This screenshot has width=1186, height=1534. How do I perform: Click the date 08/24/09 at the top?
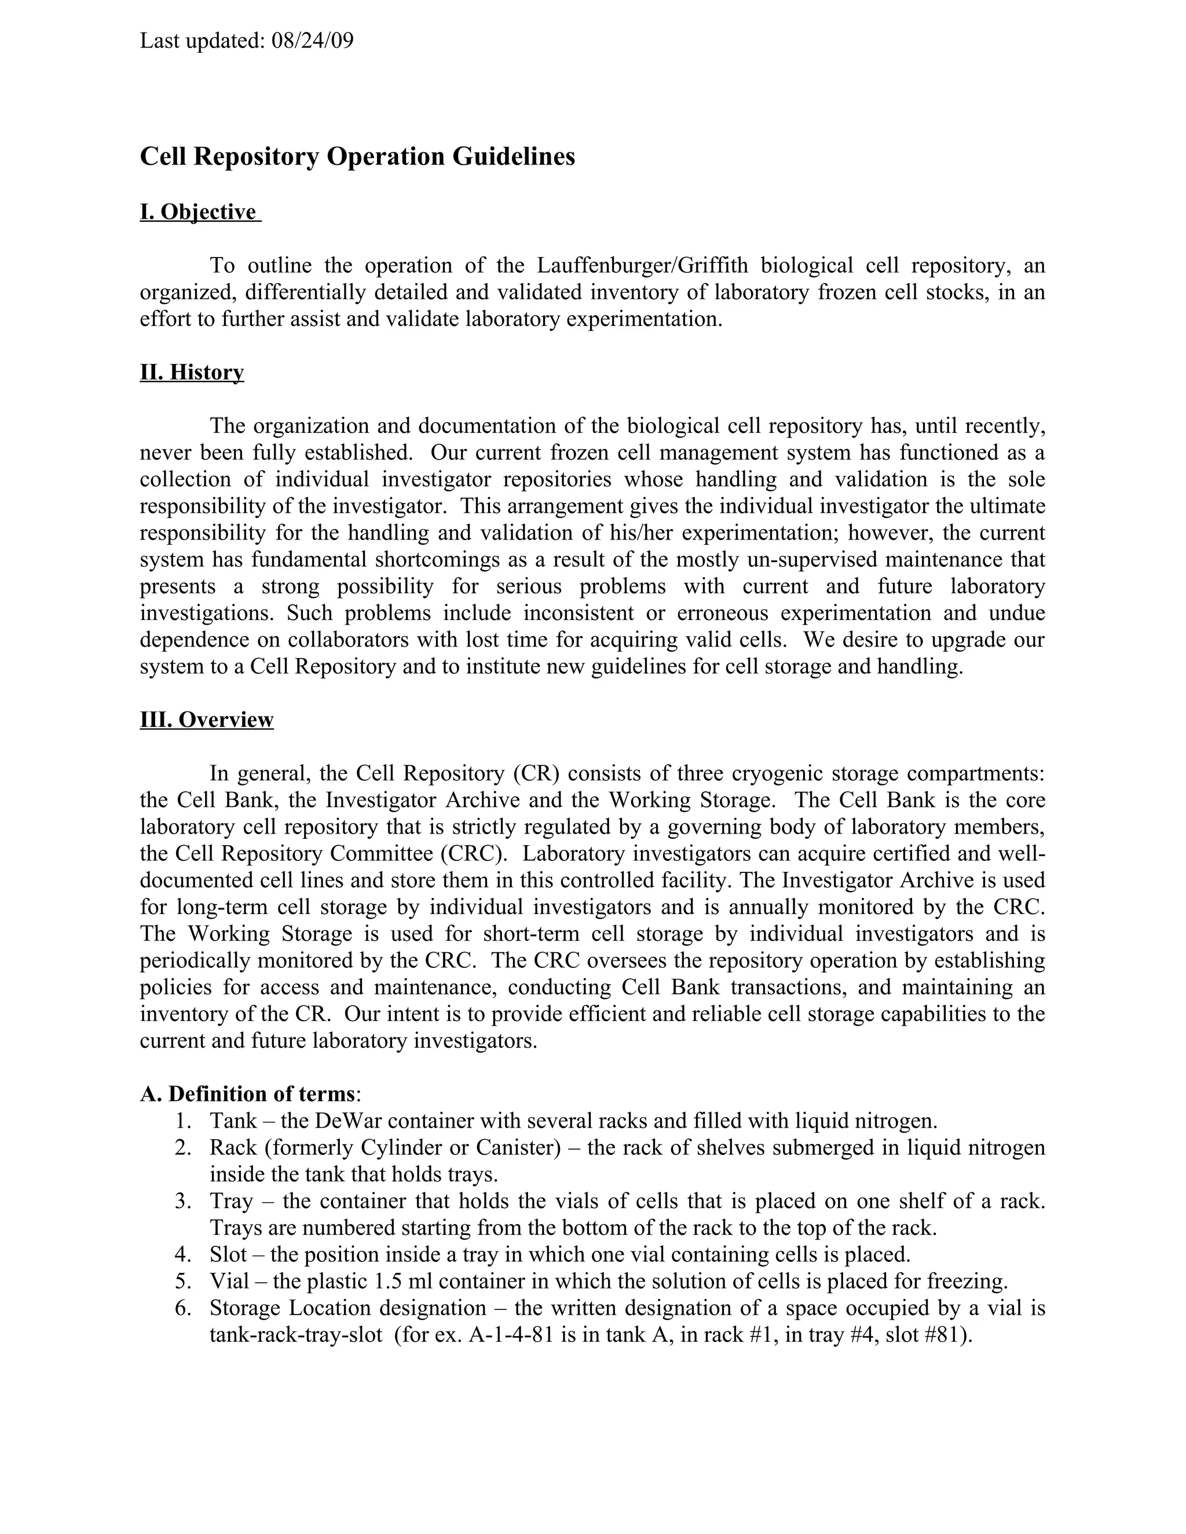tap(312, 41)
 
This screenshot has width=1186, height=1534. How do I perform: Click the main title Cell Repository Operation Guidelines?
tap(357, 156)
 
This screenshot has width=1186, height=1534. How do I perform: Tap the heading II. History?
tap(192, 372)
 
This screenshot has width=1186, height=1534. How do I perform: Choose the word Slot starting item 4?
tap(228, 1254)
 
